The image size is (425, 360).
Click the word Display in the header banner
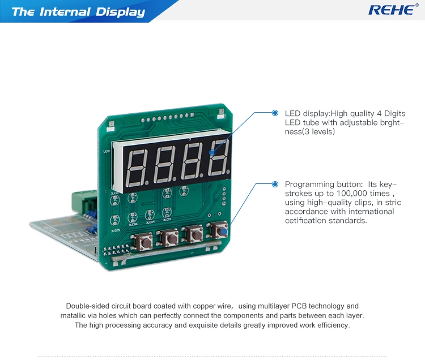point(120,12)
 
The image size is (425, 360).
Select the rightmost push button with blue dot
point(219,230)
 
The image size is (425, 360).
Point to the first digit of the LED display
point(137,168)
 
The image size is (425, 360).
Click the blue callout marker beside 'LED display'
point(275,113)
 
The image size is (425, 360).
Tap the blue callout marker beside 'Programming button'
point(275,185)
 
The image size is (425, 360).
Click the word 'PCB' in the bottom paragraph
point(299,306)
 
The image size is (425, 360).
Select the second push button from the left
point(169,237)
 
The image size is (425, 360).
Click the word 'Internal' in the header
point(65,12)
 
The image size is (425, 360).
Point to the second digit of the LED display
point(164,165)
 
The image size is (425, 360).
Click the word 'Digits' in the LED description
point(395,113)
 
